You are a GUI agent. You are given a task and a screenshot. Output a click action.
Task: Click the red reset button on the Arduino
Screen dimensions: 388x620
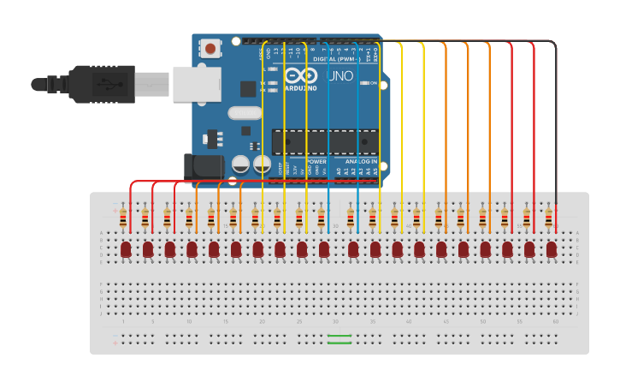pos(210,48)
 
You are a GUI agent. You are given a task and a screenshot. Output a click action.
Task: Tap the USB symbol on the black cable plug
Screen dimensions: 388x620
pos(105,85)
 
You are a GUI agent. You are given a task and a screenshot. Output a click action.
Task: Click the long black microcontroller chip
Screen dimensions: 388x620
pos(324,142)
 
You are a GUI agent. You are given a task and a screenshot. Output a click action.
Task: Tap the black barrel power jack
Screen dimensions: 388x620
pos(204,166)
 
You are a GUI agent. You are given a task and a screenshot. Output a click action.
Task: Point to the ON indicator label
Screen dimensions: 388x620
pos(374,83)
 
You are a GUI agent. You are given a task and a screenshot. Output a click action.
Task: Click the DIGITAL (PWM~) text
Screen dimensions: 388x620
pos(336,59)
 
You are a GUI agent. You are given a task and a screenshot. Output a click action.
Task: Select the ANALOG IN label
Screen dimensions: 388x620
pos(360,161)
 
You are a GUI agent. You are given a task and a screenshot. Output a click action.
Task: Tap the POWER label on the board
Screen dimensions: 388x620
pos(316,161)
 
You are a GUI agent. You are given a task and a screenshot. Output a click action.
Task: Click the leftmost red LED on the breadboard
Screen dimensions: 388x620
pos(126,249)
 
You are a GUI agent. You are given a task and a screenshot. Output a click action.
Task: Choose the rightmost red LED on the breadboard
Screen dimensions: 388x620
pos(552,249)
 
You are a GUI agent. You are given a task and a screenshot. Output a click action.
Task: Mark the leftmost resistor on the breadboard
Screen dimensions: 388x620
pos(124,218)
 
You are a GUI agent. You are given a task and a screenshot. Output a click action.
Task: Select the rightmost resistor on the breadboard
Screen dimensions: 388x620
pos(549,218)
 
